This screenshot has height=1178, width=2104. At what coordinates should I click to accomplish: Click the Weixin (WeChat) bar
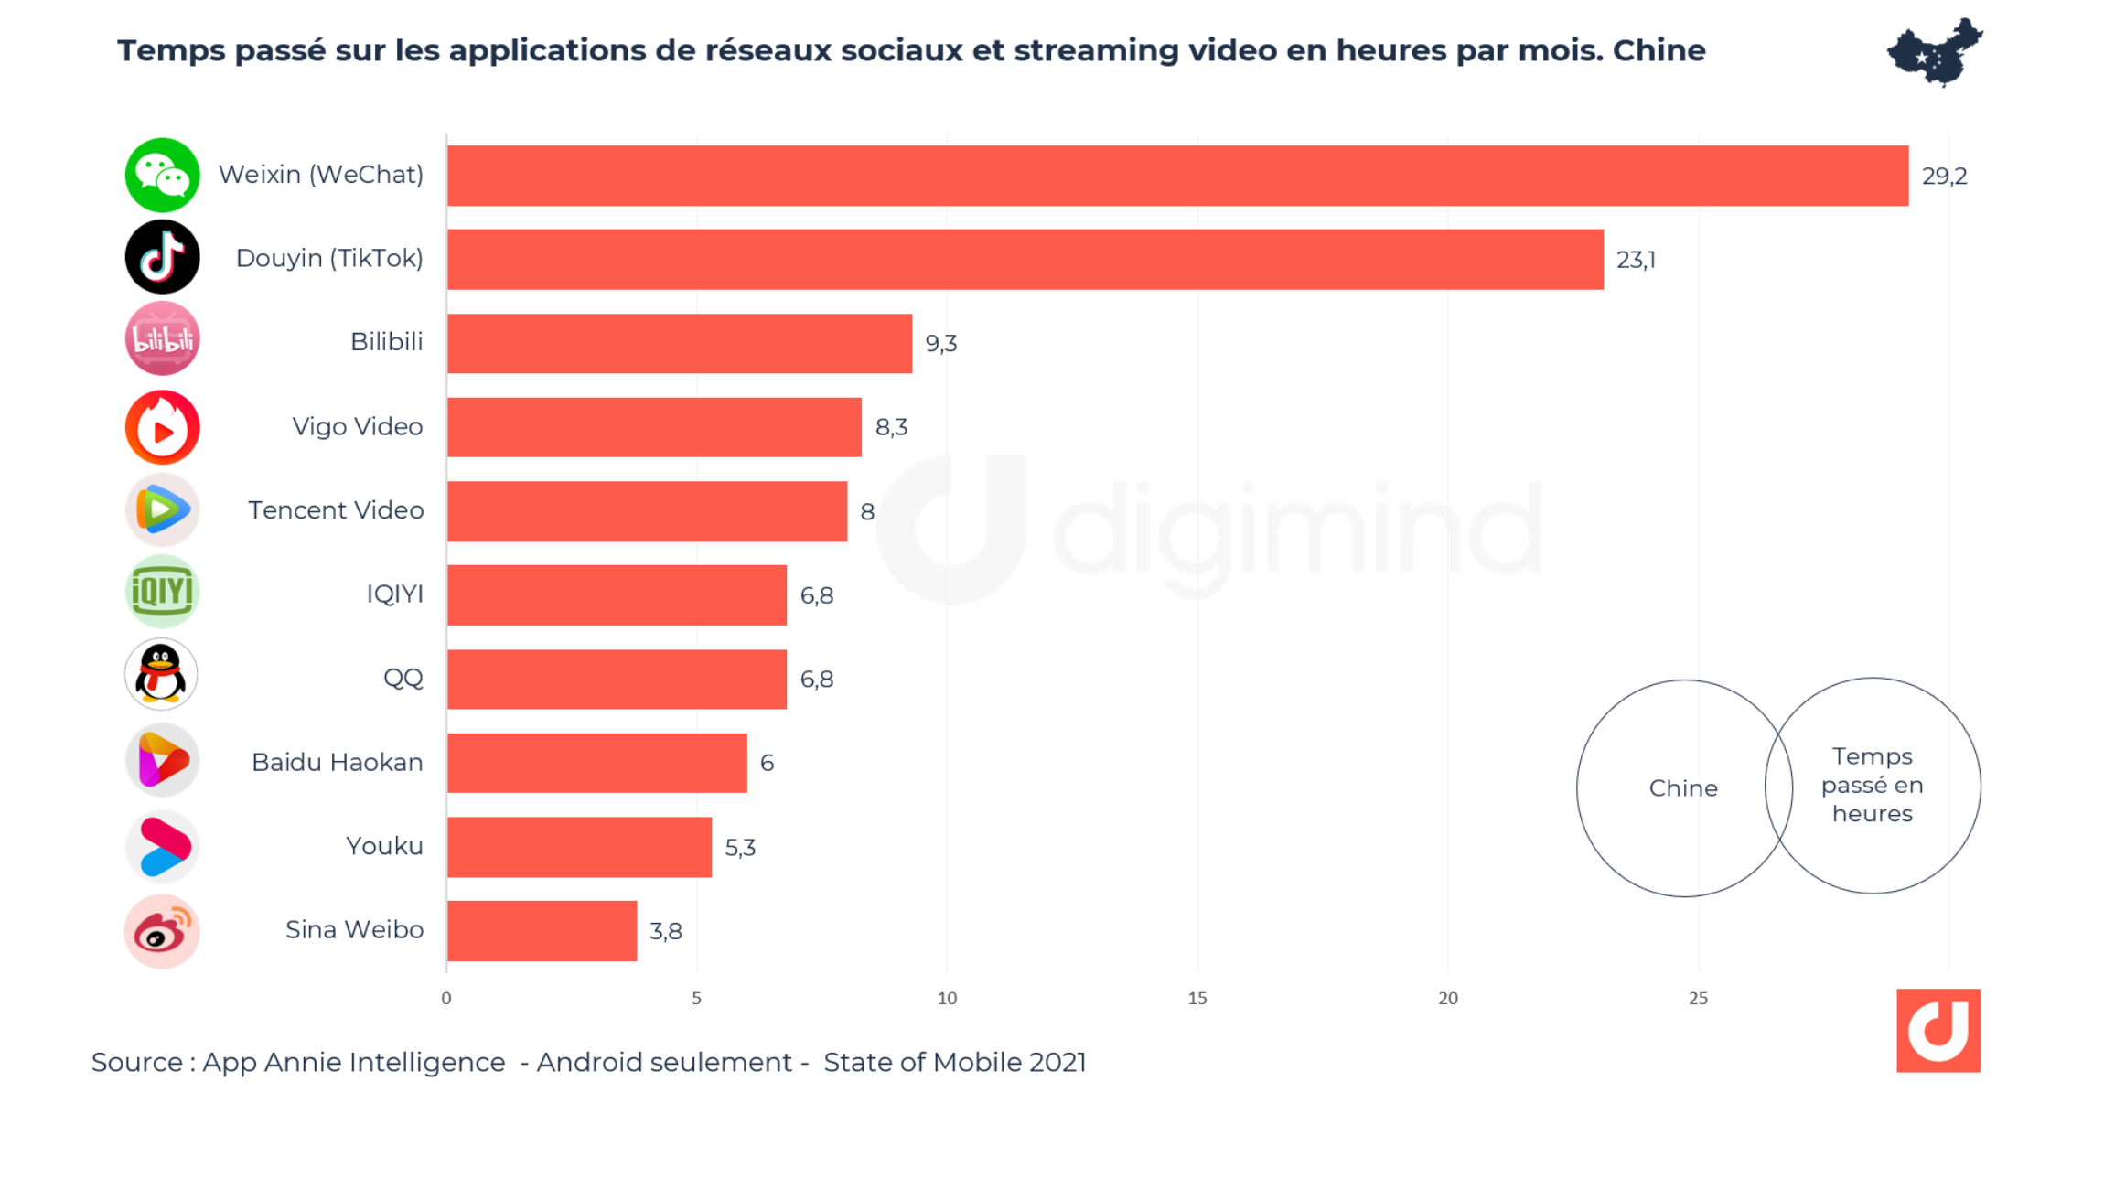tap(1177, 176)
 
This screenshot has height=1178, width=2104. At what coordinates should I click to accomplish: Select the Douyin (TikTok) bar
tap(1025, 260)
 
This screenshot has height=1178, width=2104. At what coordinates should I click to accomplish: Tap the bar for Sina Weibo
tap(542, 931)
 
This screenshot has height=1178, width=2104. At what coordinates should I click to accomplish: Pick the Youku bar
tap(579, 847)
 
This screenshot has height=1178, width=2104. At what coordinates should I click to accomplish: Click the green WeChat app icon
tap(162, 176)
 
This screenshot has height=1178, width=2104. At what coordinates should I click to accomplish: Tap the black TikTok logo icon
tap(162, 257)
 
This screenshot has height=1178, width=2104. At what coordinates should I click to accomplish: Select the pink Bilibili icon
tap(162, 339)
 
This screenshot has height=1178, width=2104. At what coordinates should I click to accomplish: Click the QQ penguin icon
tap(162, 675)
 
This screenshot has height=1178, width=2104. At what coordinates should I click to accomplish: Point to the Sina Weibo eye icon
tap(162, 932)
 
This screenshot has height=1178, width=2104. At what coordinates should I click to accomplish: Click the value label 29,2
tap(1944, 177)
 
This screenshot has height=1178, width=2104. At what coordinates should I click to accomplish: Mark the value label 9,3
tap(940, 344)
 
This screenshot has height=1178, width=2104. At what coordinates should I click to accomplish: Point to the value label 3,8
tap(665, 932)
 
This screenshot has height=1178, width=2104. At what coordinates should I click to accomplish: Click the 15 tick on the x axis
tap(1197, 999)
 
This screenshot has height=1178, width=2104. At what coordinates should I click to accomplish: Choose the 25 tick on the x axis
tap(1698, 999)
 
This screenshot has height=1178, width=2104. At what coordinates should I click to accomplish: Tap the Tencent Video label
tap(336, 510)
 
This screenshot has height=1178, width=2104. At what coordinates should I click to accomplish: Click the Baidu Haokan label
tap(337, 763)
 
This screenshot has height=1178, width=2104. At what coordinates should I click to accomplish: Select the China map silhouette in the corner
tap(1934, 52)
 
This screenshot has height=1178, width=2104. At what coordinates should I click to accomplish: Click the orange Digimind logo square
tap(1938, 1031)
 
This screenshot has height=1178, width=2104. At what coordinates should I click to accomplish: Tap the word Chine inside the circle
tap(1683, 788)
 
